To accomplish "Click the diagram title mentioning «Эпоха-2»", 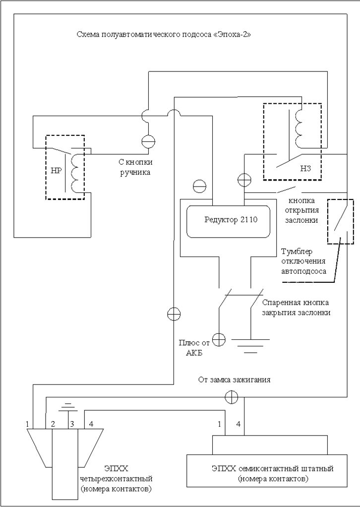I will coord(164,35).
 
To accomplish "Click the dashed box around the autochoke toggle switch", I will coord(340,222).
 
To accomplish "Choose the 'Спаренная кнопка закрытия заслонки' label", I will coord(296,307).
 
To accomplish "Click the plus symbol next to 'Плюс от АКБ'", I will coord(219,339).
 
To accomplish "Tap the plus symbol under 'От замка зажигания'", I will coord(231,396).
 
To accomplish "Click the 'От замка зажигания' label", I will coord(234,381).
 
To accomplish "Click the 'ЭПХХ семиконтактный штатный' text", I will coord(272,468).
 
